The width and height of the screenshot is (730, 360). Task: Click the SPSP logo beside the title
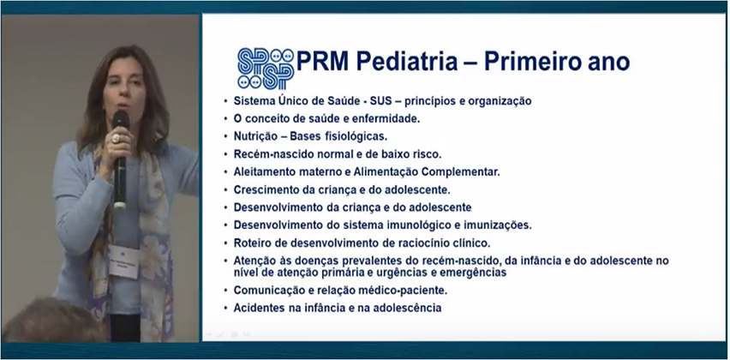coord(266,69)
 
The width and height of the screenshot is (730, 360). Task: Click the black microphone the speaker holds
coord(121,159)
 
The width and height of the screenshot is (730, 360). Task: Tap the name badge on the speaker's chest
coord(124,261)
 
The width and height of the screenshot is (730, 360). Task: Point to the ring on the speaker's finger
coord(115,139)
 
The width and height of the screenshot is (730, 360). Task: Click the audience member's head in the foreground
coord(52,321)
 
